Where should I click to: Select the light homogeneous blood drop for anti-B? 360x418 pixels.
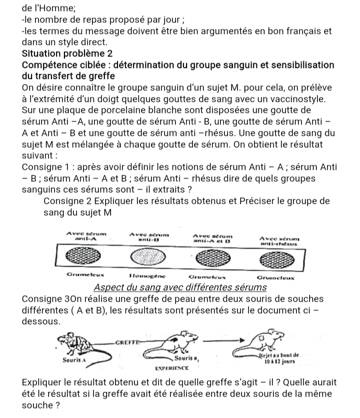pyautogui.click(x=145, y=256)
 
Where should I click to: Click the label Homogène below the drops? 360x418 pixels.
pyautogui.click(x=145, y=274)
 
